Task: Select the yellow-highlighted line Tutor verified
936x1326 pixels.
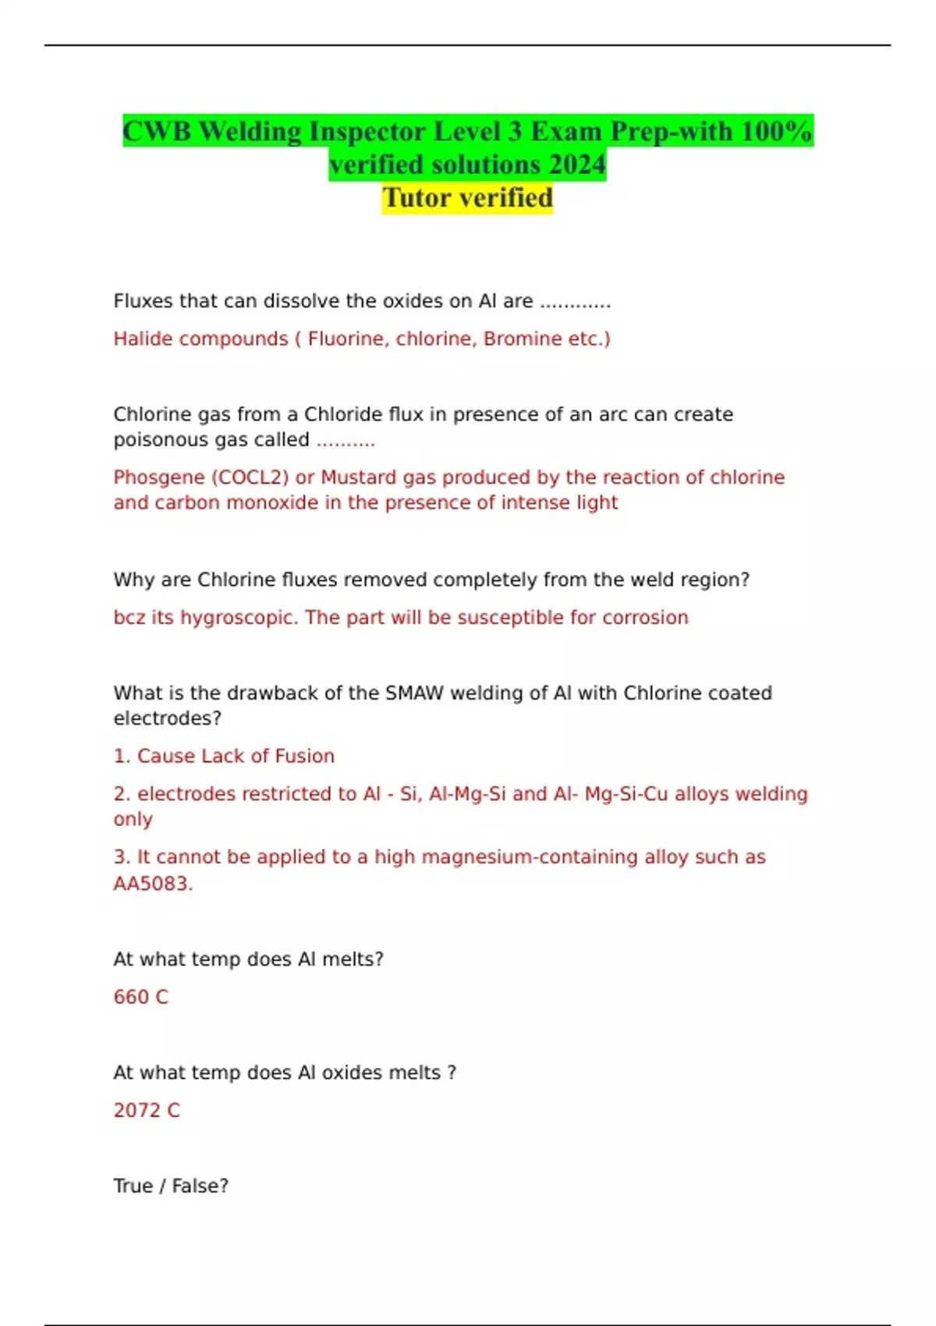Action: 467,198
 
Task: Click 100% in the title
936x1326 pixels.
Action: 776,131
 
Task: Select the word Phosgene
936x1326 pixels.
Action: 159,477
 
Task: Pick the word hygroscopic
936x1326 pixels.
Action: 239,618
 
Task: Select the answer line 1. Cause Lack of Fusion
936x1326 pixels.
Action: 224,756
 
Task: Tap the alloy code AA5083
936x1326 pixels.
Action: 152,884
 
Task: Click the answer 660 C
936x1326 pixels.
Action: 140,997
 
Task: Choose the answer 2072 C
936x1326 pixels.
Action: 147,1110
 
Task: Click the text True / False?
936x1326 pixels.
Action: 171,1186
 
